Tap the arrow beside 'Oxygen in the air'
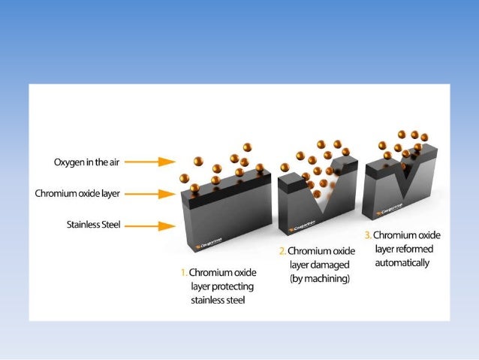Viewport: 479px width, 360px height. (156, 162)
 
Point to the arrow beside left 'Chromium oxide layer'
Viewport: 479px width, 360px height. (156, 194)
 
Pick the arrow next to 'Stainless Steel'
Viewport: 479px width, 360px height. (156, 224)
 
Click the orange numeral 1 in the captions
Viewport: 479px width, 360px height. (182, 273)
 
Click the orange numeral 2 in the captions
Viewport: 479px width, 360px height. (282, 250)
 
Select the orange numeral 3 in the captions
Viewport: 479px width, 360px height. (367, 236)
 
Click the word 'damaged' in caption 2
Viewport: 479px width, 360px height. (327, 264)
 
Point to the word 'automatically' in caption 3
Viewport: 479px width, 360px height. (402, 263)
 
